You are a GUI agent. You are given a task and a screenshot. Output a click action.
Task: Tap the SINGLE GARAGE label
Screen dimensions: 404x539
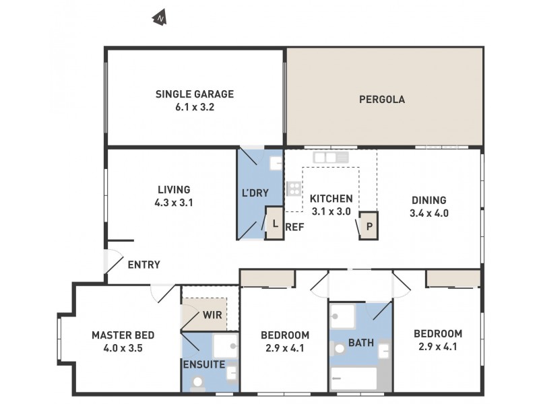point(195,94)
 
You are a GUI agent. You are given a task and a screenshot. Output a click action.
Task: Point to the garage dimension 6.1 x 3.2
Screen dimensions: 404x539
point(195,106)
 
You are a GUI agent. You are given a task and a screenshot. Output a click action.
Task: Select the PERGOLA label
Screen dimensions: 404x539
point(382,100)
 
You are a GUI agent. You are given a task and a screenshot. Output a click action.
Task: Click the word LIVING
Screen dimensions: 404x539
point(174,189)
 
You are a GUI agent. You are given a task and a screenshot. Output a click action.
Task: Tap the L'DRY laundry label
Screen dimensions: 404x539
point(255,193)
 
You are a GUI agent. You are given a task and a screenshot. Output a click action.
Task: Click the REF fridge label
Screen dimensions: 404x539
point(294,227)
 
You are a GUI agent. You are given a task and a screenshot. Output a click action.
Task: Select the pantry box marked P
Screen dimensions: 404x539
point(369,226)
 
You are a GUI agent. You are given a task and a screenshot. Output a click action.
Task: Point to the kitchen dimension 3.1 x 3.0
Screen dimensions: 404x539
point(331,211)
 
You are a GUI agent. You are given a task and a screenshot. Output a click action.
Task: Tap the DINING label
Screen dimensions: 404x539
point(429,200)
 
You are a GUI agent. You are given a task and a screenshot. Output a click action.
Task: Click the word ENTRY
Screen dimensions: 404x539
point(144,265)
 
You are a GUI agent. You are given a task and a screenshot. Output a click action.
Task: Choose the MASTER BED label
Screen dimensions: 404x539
point(123,335)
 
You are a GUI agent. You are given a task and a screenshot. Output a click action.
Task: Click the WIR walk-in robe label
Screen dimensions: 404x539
point(212,315)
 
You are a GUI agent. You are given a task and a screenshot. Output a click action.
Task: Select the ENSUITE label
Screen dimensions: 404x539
point(203,364)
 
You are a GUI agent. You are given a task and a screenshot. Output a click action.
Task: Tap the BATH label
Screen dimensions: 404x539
point(361,343)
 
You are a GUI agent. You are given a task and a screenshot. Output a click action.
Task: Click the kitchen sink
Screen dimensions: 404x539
point(330,158)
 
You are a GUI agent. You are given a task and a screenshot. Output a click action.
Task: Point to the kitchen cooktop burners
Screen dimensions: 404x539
point(294,189)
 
